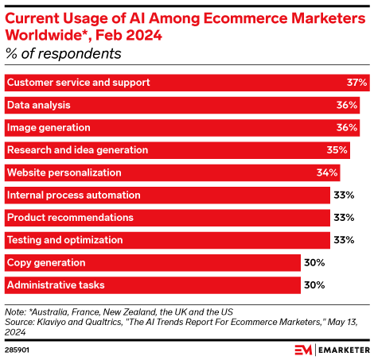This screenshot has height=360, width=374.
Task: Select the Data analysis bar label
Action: (38, 105)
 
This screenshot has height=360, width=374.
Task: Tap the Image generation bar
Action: (182, 127)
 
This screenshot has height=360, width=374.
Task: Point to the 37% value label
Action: (357, 82)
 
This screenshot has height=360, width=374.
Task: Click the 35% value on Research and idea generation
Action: (337, 149)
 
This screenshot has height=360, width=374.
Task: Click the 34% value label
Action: (327, 172)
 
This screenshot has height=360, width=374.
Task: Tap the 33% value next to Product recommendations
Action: (344, 217)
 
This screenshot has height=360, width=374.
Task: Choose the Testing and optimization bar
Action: (167, 240)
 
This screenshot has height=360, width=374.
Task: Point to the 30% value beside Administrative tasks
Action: (314, 285)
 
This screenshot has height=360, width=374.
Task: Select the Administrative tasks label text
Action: (56, 285)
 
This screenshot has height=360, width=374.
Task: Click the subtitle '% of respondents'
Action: (63, 54)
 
